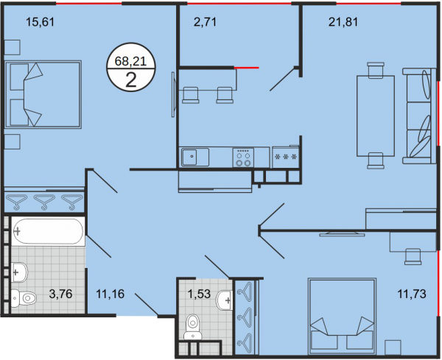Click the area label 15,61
40,21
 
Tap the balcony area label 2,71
205,21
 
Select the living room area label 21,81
343,21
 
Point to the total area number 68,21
130,61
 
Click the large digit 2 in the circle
131,80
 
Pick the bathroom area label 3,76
60,294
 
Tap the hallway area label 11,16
110,294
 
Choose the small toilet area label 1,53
199,294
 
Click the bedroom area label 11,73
412,294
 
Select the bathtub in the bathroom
48,231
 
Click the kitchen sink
195,157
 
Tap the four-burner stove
243,158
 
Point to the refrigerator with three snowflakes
286,157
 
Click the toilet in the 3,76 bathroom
24,297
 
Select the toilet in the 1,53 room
192,327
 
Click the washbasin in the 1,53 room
224,300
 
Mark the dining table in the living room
376,116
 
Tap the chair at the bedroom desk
413,256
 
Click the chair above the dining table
376,70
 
